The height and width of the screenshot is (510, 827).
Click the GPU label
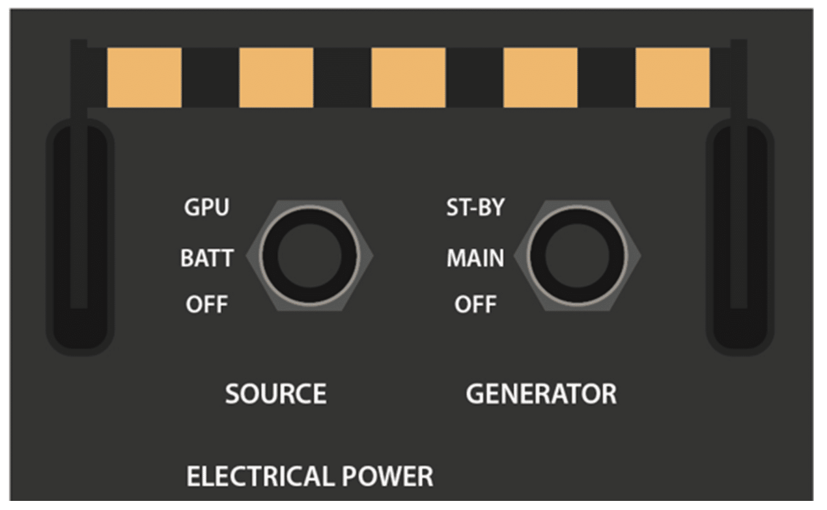pyautogui.click(x=206, y=208)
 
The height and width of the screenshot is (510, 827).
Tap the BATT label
pyautogui.click(x=206, y=258)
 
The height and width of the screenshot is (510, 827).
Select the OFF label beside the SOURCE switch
pyautogui.click(x=206, y=304)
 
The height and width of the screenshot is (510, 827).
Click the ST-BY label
pyautogui.click(x=475, y=208)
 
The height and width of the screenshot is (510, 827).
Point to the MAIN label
pyautogui.click(x=475, y=258)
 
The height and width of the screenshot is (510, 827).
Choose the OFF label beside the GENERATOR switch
pyautogui.click(x=475, y=304)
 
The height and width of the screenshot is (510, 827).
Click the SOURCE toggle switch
pyautogui.click(x=309, y=255)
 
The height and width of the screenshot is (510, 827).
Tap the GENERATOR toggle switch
pyautogui.click(x=577, y=255)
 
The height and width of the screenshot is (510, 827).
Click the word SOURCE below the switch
pyautogui.click(x=275, y=394)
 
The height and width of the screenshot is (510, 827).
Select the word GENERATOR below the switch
pyautogui.click(x=540, y=394)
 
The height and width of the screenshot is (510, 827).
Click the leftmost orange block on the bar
pyautogui.click(x=144, y=77)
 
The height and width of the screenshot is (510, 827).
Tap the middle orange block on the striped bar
pyautogui.click(x=408, y=77)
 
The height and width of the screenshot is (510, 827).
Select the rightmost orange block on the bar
pyautogui.click(x=672, y=77)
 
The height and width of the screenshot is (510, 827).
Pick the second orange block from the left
pyautogui.click(x=276, y=77)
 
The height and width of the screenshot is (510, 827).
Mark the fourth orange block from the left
pyautogui.click(x=540, y=77)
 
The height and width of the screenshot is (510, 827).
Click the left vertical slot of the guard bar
pyautogui.click(x=79, y=237)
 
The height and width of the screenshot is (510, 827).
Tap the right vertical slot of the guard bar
pyautogui.click(x=740, y=237)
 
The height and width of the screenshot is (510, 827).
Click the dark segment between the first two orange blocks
pyautogui.click(x=210, y=77)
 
